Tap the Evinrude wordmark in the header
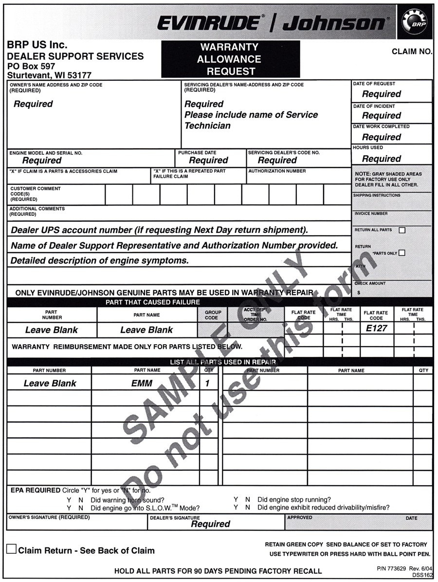coord(209,23)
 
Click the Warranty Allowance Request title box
coord(231,59)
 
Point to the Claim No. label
coord(412,52)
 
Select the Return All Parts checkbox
coord(402,230)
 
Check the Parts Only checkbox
coord(402,253)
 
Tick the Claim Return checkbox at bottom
coord(11,549)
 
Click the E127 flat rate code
coord(377,328)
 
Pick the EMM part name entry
coord(142,383)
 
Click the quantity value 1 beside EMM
coord(207,383)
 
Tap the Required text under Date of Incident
coord(382,116)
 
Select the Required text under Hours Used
coord(382,159)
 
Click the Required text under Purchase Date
coord(208,160)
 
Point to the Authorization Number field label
coord(277,171)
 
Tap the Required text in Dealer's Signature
coord(210,524)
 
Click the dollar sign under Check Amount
coord(359,293)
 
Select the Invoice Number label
coord(371,213)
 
